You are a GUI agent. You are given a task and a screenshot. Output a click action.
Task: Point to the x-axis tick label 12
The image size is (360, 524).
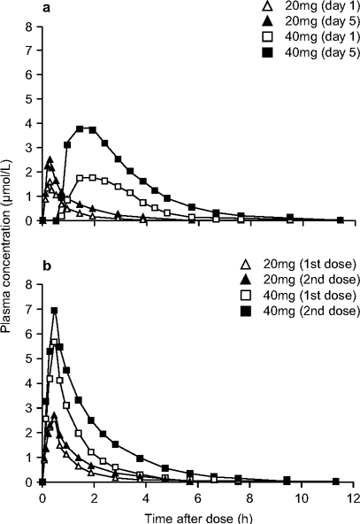click(x=352, y=498)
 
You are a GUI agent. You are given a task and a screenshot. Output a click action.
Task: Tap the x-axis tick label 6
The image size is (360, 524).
click(x=196, y=498)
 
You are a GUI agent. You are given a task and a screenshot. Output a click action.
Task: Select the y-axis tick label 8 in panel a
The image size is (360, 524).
click(x=30, y=27)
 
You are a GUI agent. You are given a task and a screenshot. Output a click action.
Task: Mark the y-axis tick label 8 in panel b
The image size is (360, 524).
click(x=30, y=285)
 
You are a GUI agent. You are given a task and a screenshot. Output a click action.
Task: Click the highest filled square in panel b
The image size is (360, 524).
click(x=55, y=311)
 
